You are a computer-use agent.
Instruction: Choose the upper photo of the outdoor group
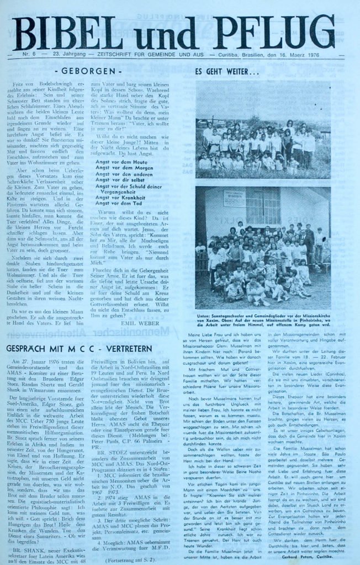tap(262, 130)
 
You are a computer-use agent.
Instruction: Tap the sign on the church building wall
tap(234, 198)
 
